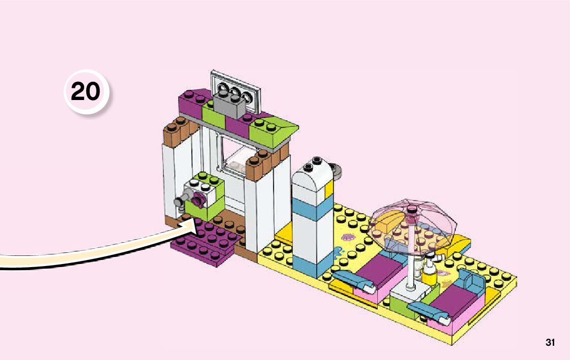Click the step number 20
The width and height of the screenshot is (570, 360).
tap(85, 92)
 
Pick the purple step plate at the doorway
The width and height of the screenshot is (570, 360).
tap(206, 241)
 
